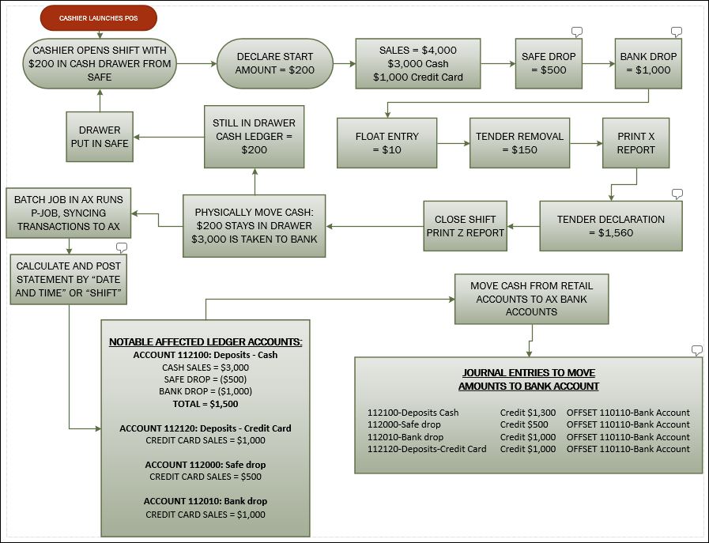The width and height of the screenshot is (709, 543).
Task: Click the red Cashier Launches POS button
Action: click(x=98, y=17)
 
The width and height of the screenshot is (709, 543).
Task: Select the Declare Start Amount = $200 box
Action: click(x=274, y=63)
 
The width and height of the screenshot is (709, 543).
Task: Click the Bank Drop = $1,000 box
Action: click(x=648, y=63)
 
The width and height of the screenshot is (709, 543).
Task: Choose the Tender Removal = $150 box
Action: click(x=519, y=143)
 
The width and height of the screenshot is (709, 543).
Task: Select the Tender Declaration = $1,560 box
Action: click(x=610, y=226)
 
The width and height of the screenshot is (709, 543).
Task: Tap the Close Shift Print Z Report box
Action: click(x=464, y=226)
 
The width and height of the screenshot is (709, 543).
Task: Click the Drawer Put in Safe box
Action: click(x=100, y=137)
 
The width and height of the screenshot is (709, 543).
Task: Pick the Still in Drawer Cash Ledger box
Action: click(x=254, y=137)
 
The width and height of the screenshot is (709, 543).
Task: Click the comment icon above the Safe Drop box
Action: click(x=576, y=32)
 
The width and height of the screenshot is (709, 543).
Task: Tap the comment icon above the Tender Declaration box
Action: click(x=676, y=194)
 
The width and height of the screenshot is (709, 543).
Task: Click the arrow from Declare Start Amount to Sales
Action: click(x=345, y=63)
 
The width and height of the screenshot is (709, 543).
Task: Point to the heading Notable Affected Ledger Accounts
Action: click(x=206, y=341)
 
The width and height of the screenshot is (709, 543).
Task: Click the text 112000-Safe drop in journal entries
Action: click(x=404, y=424)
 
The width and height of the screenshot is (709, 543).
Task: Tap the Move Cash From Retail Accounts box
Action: click(x=531, y=298)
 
